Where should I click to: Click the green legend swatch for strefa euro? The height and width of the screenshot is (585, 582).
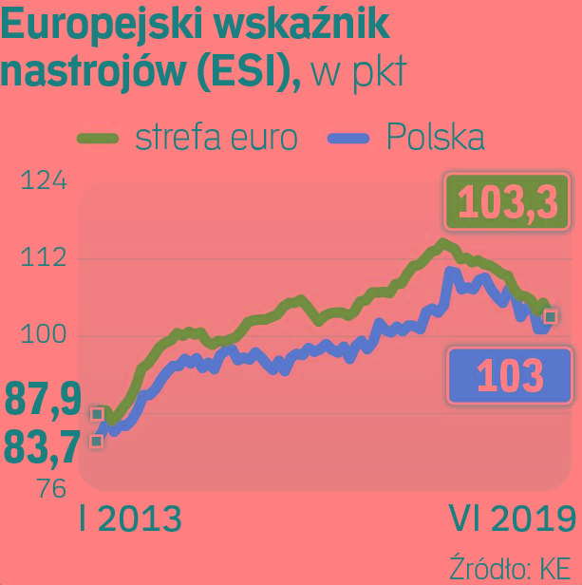pyautogui.click(x=96, y=139)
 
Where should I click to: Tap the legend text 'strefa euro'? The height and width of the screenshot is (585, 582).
pyautogui.click(x=216, y=138)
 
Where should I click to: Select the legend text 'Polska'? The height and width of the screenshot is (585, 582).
pyautogui.click(x=436, y=138)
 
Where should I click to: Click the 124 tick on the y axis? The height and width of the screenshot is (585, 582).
pyautogui.click(x=44, y=180)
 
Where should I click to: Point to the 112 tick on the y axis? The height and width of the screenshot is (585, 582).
pyautogui.click(x=45, y=258)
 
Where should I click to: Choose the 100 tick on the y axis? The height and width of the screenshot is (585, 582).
pyautogui.click(x=45, y=335)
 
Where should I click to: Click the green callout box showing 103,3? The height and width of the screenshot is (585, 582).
pyautogui.click(x=507, y=201)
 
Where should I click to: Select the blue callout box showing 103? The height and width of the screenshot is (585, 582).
pyautogui.click(x=510, y=376)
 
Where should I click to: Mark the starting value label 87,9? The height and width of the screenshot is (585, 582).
pyautogui.click(x=43, y=400)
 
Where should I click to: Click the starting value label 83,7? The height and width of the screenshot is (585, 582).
pyautogui.click(x=43, y=446)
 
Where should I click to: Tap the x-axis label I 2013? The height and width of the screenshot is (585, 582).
pyautogui.click(x=130, y=519)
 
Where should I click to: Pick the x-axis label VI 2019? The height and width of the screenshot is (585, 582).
pyautogui.click(x=512, y=519)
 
